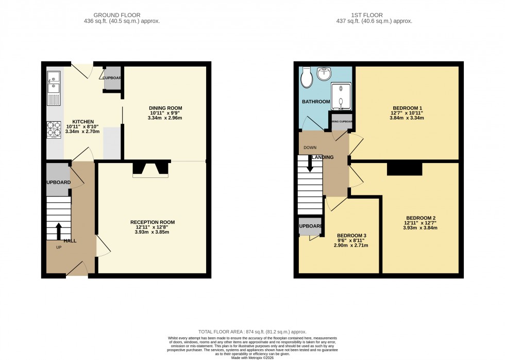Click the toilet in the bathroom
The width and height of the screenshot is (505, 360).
(x=307, y=77)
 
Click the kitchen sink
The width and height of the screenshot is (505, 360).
(x=54, y=83)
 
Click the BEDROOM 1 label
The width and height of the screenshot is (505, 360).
(x=408, y=108)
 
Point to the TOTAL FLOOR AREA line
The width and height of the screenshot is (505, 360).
(x=252, y=332)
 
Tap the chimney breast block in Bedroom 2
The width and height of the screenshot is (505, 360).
(x=405, y=169)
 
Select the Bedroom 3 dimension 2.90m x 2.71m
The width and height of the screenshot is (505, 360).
(x=350, y=245)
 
